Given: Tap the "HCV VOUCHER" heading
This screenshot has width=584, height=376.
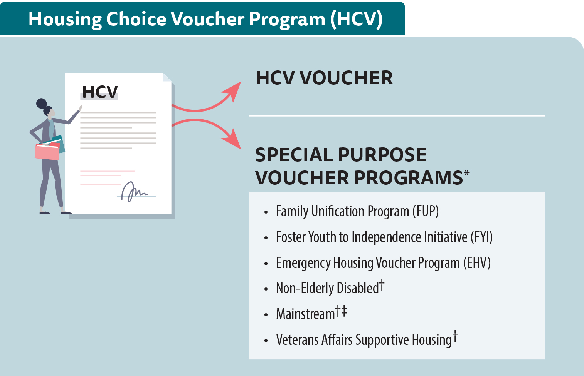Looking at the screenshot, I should click(324, 78).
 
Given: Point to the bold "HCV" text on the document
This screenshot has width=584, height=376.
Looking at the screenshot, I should click(100, 92).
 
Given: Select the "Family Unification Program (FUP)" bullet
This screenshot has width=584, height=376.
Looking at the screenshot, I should click(357, 211).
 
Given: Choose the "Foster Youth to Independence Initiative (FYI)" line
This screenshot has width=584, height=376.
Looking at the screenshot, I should click(384, 237).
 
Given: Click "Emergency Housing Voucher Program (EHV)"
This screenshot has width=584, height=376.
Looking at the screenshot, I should click(383, 263).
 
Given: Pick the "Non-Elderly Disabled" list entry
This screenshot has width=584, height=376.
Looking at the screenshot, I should click(327, 288).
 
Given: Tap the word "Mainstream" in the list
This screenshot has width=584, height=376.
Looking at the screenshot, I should click(305, 314).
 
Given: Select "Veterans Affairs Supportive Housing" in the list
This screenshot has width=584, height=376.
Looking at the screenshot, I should click(364, 340).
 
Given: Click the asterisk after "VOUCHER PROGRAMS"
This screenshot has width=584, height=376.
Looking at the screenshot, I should click(466, 173).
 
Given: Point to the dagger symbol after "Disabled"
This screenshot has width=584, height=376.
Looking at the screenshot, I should click(382, 285).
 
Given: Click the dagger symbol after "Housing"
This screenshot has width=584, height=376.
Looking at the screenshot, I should click(455, 336).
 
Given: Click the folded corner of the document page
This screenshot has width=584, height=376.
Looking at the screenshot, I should click(167, 77).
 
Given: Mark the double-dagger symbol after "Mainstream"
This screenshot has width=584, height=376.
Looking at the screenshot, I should click(344, 311).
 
